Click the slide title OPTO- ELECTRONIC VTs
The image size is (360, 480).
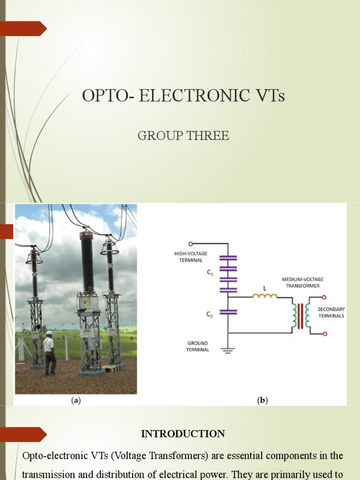point(183,96)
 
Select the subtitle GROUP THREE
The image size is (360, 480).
point(183,136)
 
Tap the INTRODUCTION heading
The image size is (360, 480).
point(183,434)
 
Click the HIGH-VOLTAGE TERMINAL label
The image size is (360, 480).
point(190,257)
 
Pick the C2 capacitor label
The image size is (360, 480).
point(210,315)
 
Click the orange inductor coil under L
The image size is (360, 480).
point(265,296)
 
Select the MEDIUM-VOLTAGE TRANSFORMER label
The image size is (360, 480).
point(302,283)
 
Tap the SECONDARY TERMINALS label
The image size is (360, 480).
point(331,313)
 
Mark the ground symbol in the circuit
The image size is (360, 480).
point(228,350)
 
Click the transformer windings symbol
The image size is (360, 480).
point(301,315)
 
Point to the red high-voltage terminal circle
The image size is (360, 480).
point(191,244)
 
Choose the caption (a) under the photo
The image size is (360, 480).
point(76,400)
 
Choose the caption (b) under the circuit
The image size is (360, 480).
point(262,400)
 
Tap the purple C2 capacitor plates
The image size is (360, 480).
point(228,311)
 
